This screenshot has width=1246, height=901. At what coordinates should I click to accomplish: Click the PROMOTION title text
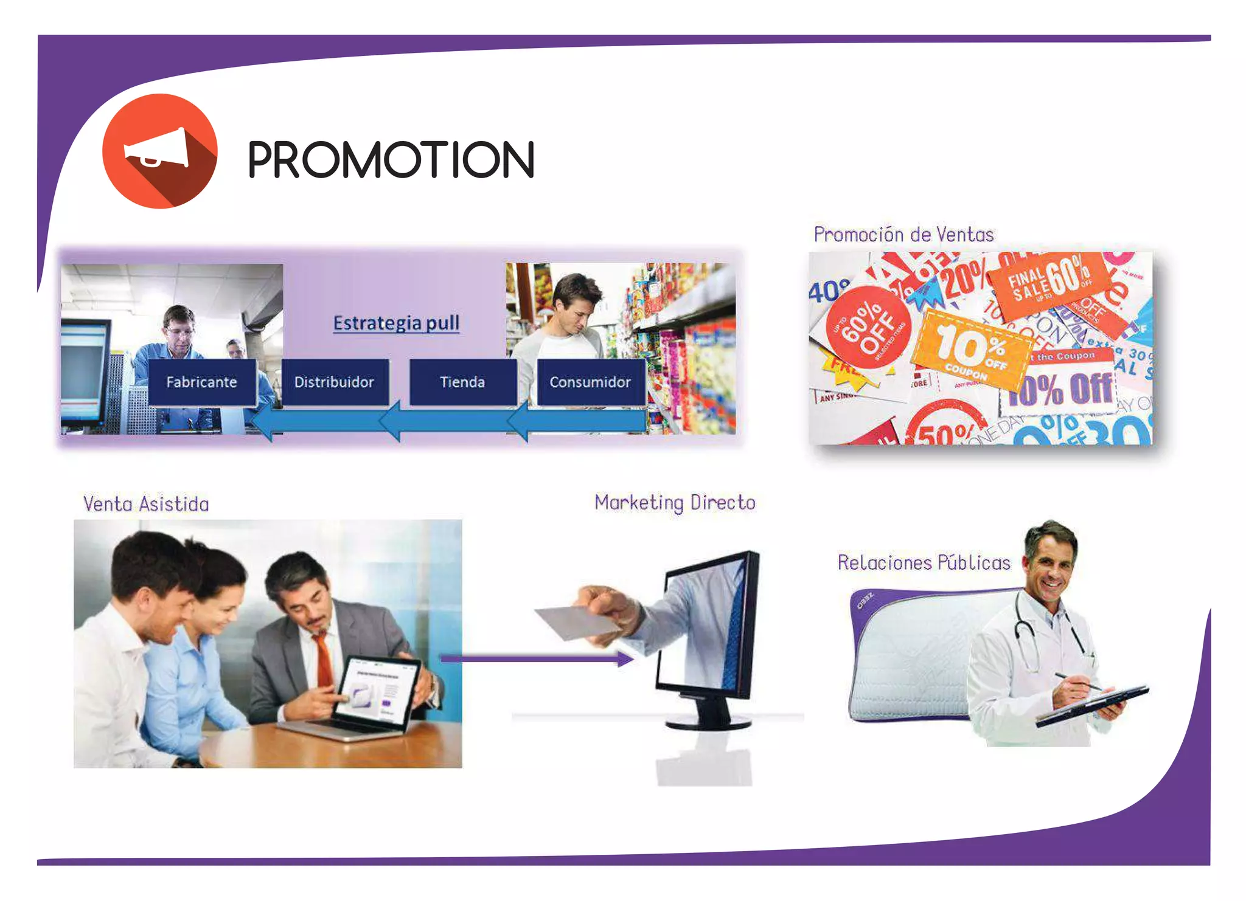click(x=391, y=159)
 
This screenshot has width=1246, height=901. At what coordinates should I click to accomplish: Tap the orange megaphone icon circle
click(x=159, y=151)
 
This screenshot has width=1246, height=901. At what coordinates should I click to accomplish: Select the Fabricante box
click(x=201, y=382)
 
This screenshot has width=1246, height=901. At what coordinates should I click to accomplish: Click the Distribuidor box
click(x=334, y=382)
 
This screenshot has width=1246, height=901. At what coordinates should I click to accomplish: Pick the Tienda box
click(x=462, y=382)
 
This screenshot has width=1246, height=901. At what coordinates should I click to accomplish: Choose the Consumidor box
click(x=590, y=382)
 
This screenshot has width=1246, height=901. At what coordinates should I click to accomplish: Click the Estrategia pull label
click(x=396, y=323)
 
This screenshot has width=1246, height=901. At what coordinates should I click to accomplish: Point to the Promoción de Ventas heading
click(x=903, y=235)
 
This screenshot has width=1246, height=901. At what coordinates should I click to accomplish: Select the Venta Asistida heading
click(x=146, y=504)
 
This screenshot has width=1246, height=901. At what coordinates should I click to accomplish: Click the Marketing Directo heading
click(x=675, y=503)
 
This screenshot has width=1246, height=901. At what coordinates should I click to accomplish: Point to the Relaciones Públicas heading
click(x=924, y=562)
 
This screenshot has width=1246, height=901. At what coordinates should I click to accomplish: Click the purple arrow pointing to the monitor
click(x=535, y=658)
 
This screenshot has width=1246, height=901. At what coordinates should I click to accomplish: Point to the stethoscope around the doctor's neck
click(x=1028, y=632)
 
